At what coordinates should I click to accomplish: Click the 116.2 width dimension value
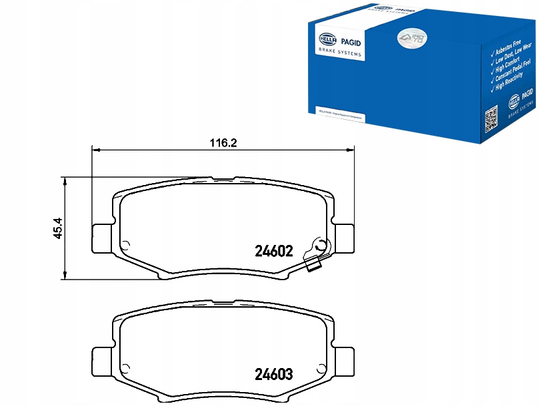coord(223,142)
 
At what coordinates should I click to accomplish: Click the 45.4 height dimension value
coord(58,228)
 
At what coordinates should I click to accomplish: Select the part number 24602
coord(275,252)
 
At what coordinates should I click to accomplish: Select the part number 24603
coord(274,375)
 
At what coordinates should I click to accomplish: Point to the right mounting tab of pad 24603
coord(345,361)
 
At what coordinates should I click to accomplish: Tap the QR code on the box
coord(491,119)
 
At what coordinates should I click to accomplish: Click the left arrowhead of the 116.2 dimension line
coord(94,150)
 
